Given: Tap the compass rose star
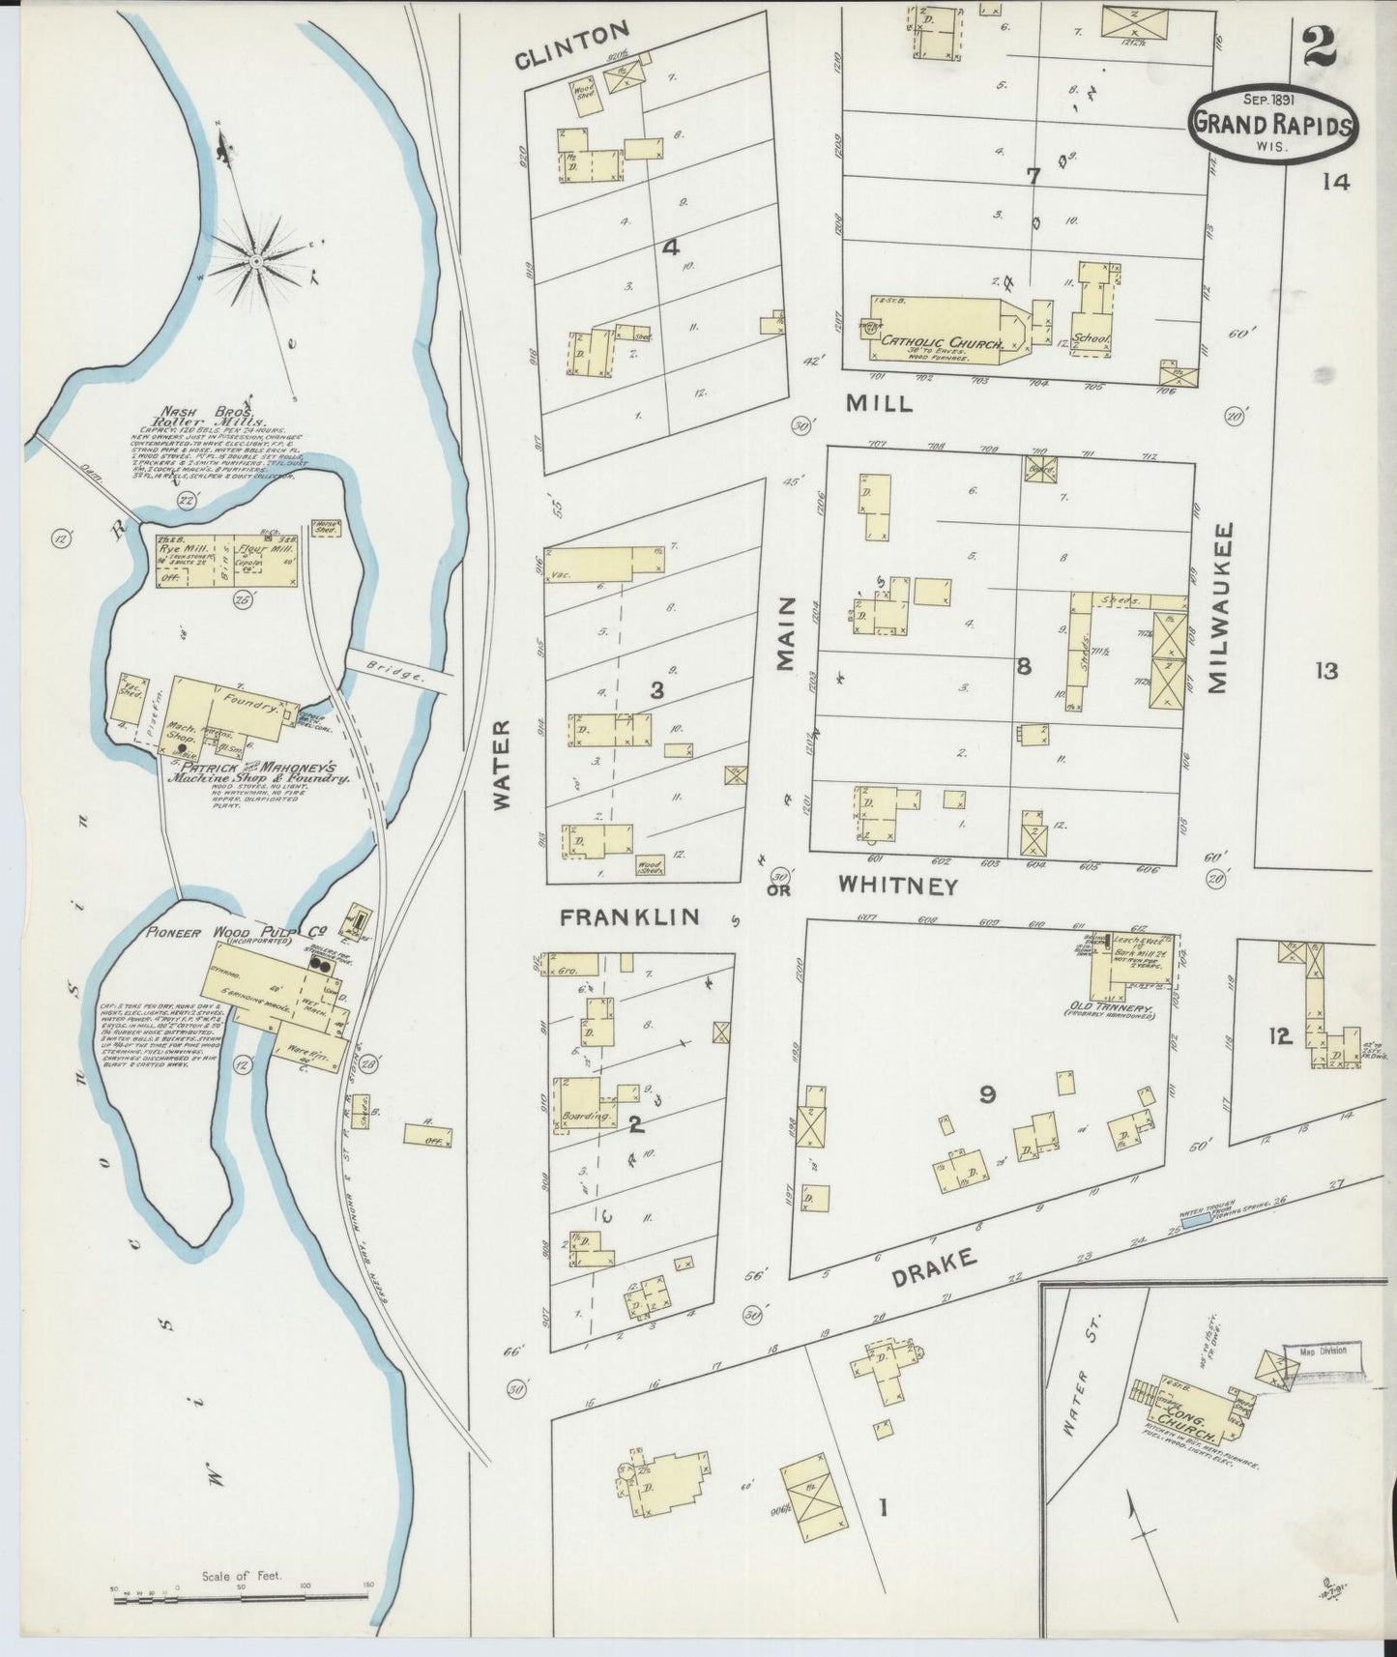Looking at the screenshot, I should click(x=255, y=260).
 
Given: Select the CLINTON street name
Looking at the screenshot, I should click(x=572, y=60).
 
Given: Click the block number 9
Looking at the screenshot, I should click(x=987, y=1093).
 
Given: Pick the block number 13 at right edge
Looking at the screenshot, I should click(x=1325, y=669).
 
